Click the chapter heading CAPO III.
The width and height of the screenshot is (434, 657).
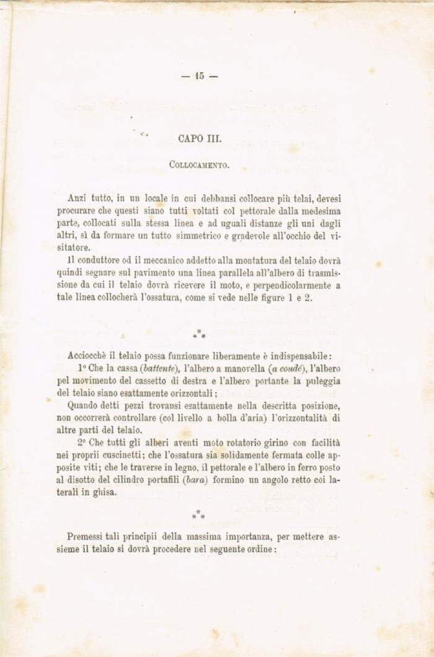coord(195,139)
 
